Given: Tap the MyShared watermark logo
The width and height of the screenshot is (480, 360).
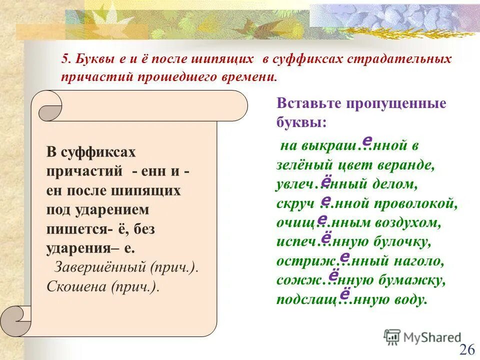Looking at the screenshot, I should [x=422, y=337].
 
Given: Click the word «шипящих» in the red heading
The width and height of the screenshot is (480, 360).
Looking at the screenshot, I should [x=223, y=59].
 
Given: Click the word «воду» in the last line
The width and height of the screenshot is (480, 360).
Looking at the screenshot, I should [x=411, y=299].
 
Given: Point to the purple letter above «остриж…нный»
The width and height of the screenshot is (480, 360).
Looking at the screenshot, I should [x=344, y=256].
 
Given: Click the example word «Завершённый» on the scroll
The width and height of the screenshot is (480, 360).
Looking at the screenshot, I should [x=100, y=266].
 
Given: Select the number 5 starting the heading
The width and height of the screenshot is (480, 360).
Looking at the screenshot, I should [x=65, y=59].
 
